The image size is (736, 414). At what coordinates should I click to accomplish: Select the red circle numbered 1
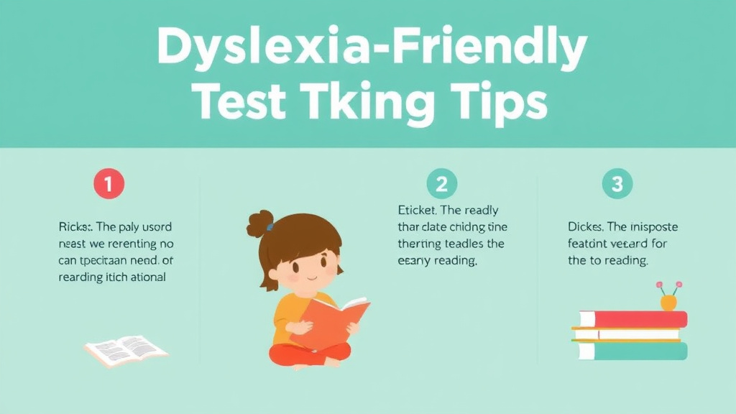tap(108, 184)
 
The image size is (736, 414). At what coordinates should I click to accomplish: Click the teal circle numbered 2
tap(441, 184)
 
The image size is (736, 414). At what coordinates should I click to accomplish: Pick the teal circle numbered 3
tap(617, 184)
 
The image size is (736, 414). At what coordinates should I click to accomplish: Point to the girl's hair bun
tap(260, 224)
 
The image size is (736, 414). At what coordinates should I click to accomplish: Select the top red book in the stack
tap(632, 318)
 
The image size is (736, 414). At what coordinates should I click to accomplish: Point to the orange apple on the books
tap(668, 301)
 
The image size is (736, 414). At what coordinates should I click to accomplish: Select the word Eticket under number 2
tap(418, 211)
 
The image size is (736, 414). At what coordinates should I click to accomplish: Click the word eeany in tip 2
tap(414, 261)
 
